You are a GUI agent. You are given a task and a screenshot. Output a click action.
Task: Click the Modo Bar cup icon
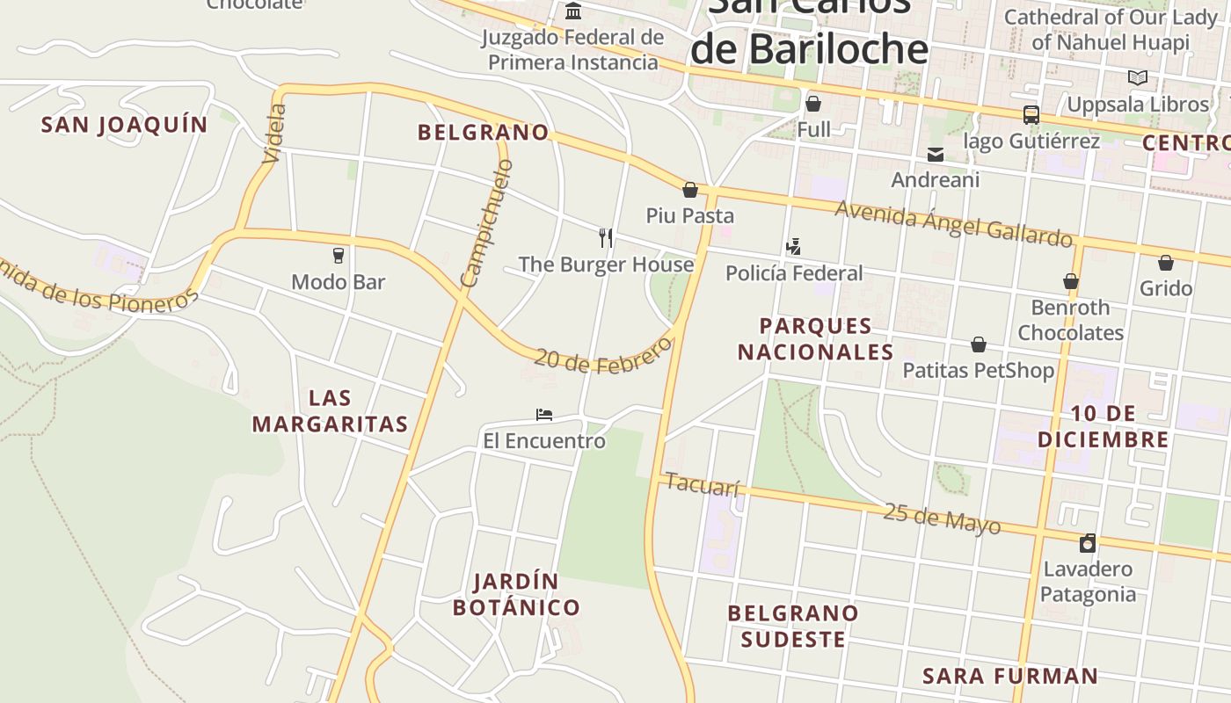coord(339,256)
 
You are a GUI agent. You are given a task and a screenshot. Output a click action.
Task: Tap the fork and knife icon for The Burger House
coord(606,237)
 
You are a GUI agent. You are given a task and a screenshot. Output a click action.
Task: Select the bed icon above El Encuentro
coord(544,414)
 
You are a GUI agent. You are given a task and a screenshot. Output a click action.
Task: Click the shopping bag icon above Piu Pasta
coord(690,190)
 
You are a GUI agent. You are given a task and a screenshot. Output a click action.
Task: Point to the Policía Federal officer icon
coord(793,247)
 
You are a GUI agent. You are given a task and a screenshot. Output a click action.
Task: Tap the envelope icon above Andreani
coord(936,155)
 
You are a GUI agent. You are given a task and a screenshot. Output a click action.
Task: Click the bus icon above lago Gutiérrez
coord(1031,115)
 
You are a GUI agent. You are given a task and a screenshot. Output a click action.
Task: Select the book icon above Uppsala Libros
coord(1138,78)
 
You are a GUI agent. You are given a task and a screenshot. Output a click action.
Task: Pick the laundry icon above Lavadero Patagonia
coord(1088,543)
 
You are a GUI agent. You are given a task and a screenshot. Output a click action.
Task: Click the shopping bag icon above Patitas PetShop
coord(979,344)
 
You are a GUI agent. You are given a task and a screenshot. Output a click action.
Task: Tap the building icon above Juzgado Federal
coord(574,11)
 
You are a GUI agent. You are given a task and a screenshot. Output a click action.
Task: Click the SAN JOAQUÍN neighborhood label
coord(125,125)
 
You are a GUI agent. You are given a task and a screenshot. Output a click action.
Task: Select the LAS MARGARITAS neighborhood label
coord(330,411)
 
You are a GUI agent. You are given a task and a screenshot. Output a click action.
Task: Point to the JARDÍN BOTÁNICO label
coord(516,595)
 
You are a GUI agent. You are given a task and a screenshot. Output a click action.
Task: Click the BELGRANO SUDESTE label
coord(793,626)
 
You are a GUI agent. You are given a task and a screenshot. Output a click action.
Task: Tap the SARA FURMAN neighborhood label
coord(1010,676)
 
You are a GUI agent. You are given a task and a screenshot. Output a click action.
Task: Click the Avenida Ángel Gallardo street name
coord(953,223)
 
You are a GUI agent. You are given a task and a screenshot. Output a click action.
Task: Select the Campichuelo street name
coord(486,223)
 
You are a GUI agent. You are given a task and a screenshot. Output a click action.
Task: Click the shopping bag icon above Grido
coord(1166,263)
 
